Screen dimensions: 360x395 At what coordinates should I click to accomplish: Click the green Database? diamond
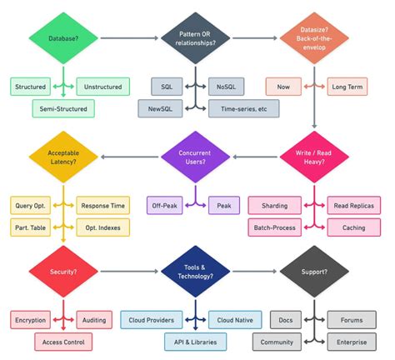point(63,37)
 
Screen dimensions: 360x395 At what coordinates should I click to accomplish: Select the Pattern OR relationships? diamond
point(195,37)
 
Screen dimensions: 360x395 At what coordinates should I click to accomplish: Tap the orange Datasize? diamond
point(314,37)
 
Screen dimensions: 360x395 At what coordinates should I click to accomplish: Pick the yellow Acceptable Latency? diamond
point(63,156)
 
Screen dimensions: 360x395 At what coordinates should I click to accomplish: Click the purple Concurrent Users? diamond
point(195,156)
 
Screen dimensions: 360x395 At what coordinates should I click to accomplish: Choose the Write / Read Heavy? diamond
point(314,156)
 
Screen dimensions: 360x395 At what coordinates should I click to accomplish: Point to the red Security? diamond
point(63,272)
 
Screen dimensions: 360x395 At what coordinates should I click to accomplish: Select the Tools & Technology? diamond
point(195,272)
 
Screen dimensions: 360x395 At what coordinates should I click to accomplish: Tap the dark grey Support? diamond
point(314,272)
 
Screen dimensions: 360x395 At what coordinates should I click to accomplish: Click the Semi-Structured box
point(63,108)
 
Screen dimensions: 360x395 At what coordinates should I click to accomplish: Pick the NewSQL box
point(161,108)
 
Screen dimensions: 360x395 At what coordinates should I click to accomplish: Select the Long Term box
point(347,87)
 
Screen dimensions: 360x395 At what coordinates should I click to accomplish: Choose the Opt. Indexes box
point(103,227)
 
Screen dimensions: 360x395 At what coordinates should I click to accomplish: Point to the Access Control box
point(63,341)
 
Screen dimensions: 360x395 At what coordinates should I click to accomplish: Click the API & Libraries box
point(195,341)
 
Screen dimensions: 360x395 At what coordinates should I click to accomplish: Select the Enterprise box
point(352,341)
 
